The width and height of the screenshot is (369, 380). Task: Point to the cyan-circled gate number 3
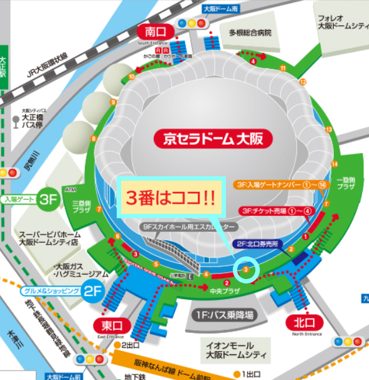click(246, 270)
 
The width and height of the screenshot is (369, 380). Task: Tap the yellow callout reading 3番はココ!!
click(171, 198)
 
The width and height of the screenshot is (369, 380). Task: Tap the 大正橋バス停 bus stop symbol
click(15, 118)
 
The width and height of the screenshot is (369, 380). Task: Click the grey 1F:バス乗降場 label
click(223, 312)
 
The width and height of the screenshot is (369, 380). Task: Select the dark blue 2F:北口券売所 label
click(261, 243)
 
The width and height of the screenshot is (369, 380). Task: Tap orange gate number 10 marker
click(132, 77)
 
